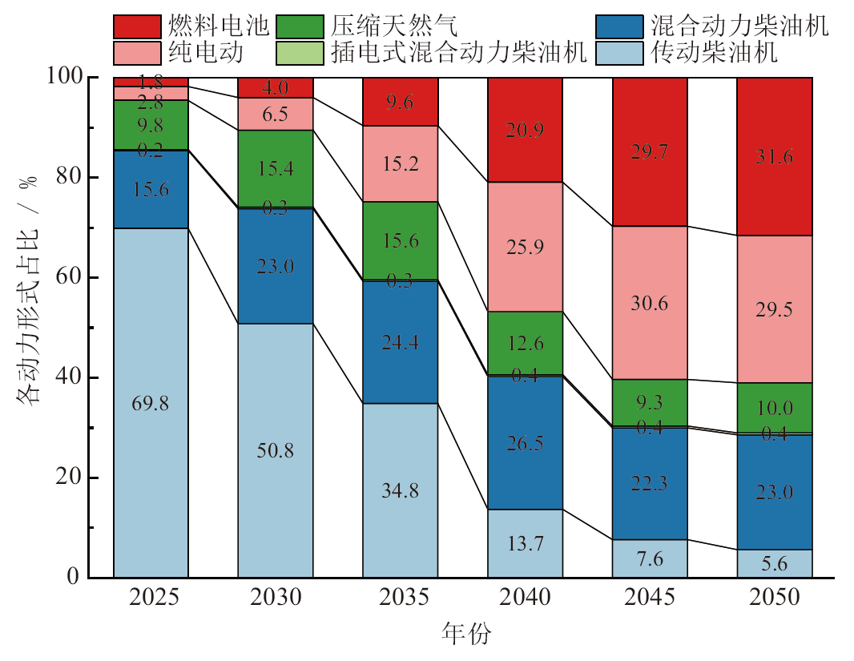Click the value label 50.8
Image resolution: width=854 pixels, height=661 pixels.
[276, 450]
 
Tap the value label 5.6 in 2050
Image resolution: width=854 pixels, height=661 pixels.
[775, 564]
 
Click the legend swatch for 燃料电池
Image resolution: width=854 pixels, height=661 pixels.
[137, 27]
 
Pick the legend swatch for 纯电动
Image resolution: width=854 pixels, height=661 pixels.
[137, 53]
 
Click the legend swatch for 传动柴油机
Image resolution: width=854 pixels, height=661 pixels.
[620, 53]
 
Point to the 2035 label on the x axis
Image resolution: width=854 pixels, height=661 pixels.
[400, 599]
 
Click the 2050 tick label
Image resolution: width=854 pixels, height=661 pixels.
[775, 599]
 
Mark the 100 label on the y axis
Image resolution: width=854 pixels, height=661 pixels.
[64, 77]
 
